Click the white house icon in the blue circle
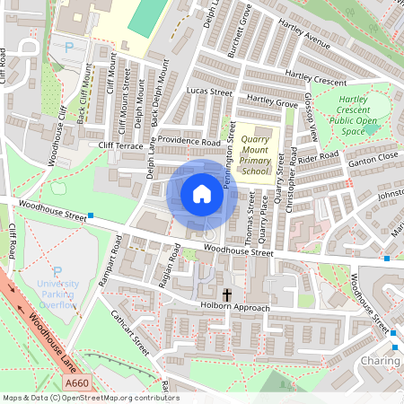point(202,194)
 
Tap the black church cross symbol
point(226,294)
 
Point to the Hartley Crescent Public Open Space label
point(354,116)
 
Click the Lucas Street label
point(209,92)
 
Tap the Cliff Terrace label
point(121,145)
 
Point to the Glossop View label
point(311,117)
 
